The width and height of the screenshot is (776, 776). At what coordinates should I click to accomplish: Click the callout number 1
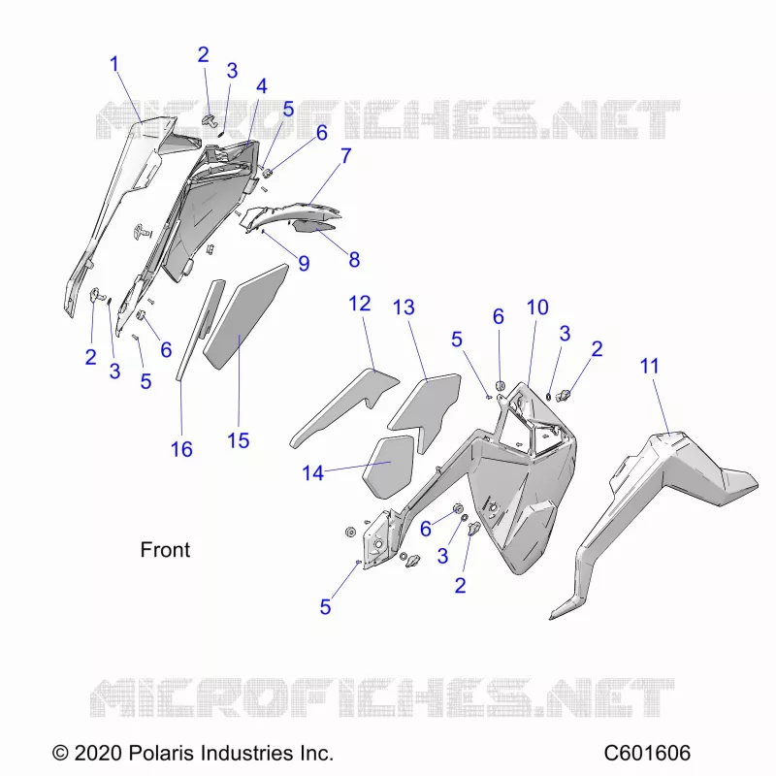click(114, 64)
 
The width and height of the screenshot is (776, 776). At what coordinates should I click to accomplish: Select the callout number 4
click(261, 86)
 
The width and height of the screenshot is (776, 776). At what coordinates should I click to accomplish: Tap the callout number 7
click(345, 156)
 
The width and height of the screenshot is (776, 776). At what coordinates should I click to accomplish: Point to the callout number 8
click(354, 259)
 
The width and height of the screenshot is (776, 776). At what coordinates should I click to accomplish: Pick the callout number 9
click(304, 263)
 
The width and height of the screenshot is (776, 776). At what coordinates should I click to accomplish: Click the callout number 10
click(537, 307)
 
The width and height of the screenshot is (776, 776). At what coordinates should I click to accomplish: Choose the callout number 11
click(649, 367)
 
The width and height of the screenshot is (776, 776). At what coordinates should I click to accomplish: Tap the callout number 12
click(360, 304)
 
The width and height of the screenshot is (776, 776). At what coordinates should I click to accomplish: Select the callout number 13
click(404, 307)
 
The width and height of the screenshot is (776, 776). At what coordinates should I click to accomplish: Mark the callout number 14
click(312, 473)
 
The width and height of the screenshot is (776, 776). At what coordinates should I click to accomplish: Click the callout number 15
click(238, 440)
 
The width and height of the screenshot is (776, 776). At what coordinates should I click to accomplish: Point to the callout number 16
click(181, 449)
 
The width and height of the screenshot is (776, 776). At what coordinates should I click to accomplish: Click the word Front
click(165, 550)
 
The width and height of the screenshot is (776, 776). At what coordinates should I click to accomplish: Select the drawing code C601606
click(647, 754)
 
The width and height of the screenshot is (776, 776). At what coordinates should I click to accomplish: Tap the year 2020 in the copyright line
click(98, 754)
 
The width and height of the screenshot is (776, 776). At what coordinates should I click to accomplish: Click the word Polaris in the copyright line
click(160, 754)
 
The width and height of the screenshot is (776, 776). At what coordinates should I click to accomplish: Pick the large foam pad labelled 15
click(246, 317)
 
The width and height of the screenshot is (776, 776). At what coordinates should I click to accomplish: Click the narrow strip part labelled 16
click(200, 330)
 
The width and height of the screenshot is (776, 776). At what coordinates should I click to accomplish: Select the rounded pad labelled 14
click(388, 468)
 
